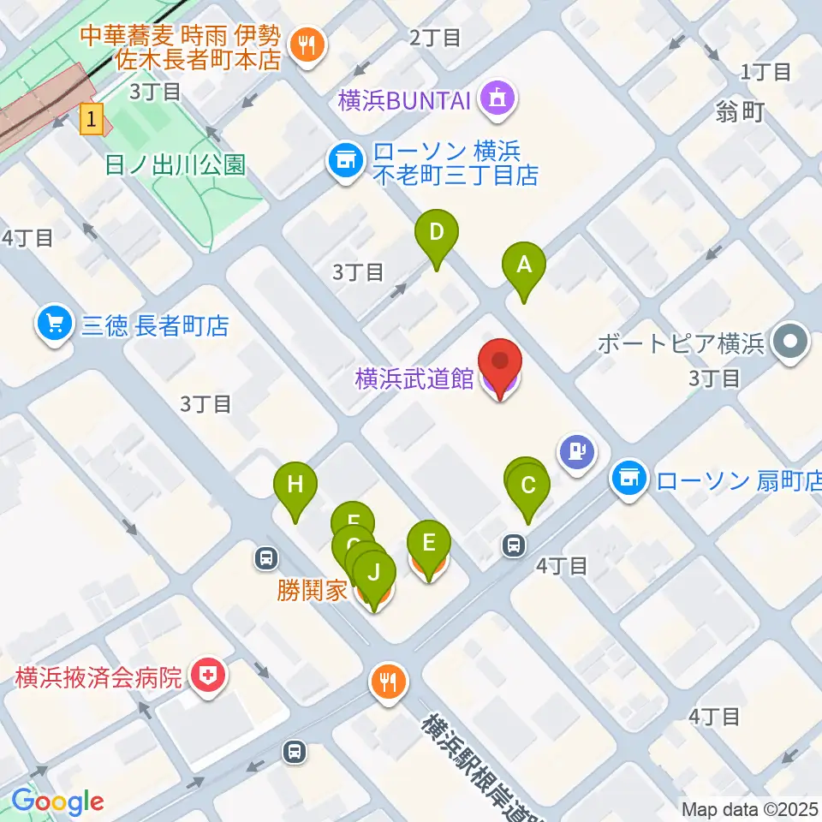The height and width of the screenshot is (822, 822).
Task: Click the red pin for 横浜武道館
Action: pyautogui.click(x=499, y=364)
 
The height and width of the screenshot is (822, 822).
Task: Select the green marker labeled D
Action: pyautogui.click(x=437, y=233)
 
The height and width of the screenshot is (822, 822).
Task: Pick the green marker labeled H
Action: pyautogui.click(x=295, y=485)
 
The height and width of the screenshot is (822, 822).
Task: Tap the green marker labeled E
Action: pyautogui.click(x=429, y=543)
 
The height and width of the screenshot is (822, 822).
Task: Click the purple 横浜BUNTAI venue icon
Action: pyautogui.click(x=498, y=98)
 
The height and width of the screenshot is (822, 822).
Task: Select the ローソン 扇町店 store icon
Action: pyautogui.click(x=629, y=478)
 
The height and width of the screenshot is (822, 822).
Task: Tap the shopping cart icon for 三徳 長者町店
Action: pyautogui.click(x=55, y=325)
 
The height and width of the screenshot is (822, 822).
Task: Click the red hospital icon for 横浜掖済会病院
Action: pyautogui.click(x=206, y=677)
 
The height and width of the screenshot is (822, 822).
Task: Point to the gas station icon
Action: pyautogui.click(x=576, y=450)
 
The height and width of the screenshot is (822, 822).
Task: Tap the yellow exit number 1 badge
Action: pyautogui.click(x=92, y=118)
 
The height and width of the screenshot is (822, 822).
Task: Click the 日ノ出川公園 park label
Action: pyautogui.click(x=175, y=164)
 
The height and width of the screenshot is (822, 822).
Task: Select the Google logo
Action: pyautogui.click(x=57, y=802)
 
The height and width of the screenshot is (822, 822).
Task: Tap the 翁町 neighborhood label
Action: pyautogui.click(x=741, y=112)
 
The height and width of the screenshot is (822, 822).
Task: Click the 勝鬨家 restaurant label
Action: pyautogui.click(x=312, y=590)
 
